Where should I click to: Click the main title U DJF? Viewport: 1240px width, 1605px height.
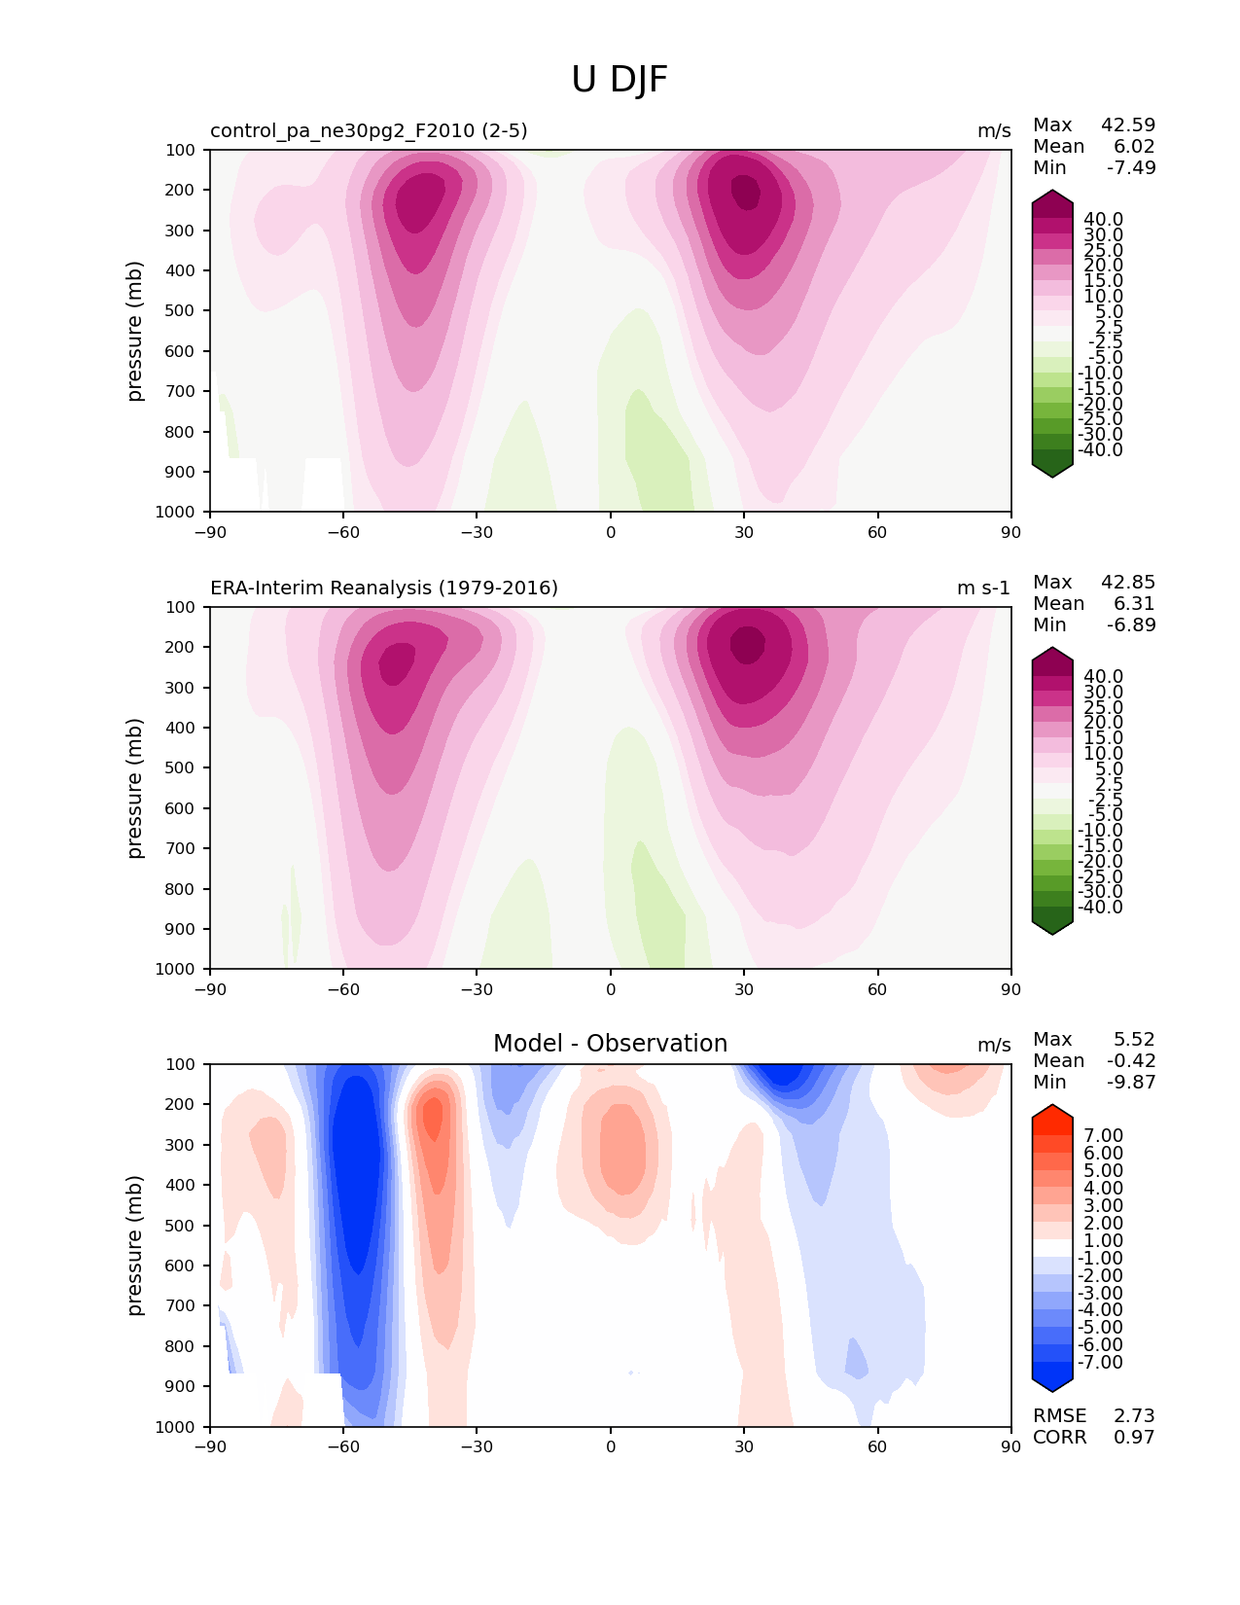[x=620, y=80]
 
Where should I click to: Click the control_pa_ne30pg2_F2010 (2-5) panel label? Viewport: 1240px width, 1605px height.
[x=369, y=131]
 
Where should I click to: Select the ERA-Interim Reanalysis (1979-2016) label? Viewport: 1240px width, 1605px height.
[x=384, y=588]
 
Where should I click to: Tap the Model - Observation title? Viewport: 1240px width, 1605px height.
[x=610, y=1044]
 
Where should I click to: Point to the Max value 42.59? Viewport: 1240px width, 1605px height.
[x=1128, y=125]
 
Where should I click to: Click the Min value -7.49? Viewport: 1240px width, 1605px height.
[x=1131, y=168]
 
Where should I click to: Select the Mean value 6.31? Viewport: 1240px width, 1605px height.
[x=1134, y=604]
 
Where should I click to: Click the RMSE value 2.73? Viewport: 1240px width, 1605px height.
[x=1134, y=1416]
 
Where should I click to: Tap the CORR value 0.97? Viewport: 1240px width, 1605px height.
[x=1134, y=1438]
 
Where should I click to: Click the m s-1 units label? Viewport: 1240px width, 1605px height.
[x=983, y=588]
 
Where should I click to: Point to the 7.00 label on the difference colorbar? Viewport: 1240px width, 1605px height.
[x=1103, y=1136]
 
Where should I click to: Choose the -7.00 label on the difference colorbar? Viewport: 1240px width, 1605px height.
[x=1100, y=1363]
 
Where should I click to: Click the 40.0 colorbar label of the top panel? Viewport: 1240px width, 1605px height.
[x=1103, y=220]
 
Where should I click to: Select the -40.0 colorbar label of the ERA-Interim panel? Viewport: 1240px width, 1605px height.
[x=1100, y=908]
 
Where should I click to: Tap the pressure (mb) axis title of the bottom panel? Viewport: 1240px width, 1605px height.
[x=135, y=1245]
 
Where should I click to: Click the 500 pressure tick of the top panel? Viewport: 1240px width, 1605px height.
[x=183, y=311]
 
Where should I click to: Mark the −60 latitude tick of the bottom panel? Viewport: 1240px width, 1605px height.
[x=342, y=1447]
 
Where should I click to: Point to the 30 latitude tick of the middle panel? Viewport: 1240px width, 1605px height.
[x=744, y=990]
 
